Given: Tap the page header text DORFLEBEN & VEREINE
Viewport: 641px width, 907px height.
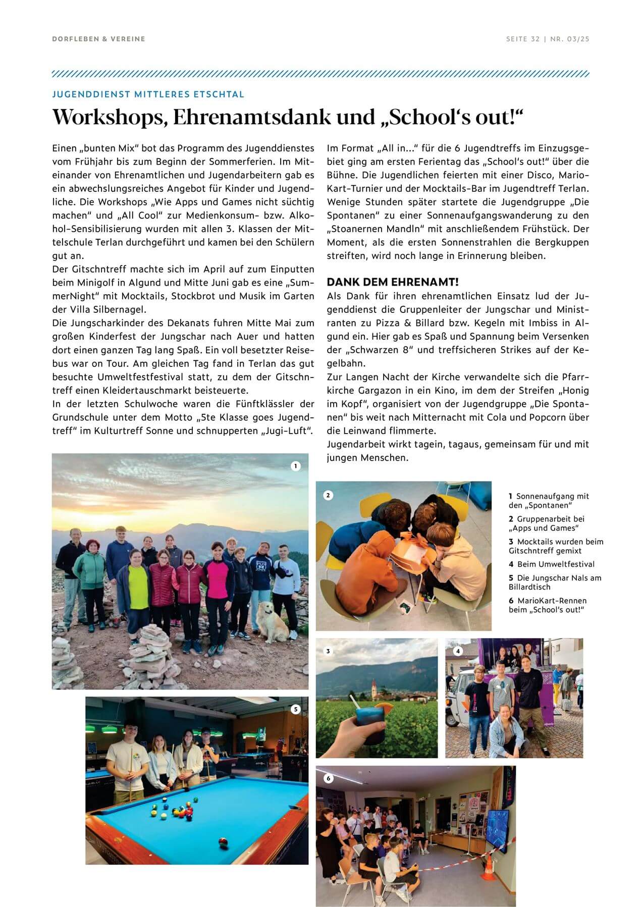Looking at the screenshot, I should (x=98, y=39).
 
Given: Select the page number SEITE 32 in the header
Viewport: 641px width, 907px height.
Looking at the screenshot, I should (x=523, y=39).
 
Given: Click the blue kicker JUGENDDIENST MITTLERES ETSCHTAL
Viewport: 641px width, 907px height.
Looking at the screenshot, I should (x=148, y=94).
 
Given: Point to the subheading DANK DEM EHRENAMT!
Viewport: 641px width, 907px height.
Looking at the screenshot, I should (x=392, y=282).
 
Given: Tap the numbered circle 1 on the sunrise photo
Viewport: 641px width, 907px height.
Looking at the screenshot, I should (x=296, y=466).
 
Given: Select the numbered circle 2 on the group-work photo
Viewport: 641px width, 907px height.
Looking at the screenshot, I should (x=328, y=495).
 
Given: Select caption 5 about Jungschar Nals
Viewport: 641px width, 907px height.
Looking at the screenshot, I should (x=555, y=582).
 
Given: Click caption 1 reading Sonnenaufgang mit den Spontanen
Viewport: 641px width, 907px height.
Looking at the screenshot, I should (x=549, y=501).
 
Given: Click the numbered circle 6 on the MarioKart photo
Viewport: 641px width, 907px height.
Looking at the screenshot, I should (x=329, y=778).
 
